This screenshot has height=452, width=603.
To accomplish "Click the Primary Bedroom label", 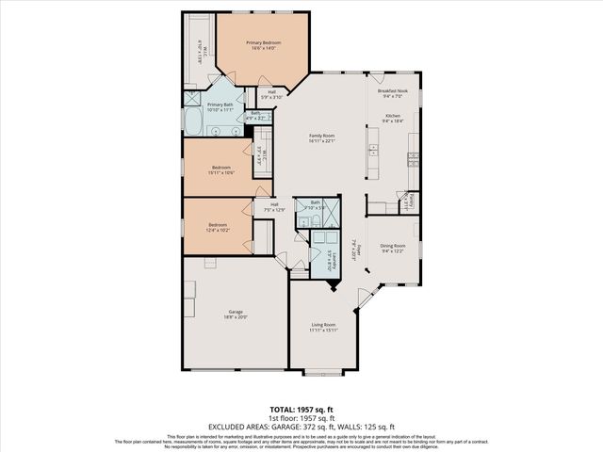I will pyautogui.click(x=263, y=46).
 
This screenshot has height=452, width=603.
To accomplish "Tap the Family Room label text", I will pyautogui.click(x=322, y=139).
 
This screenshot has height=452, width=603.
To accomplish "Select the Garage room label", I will pyautogui.click(x=236, y=315).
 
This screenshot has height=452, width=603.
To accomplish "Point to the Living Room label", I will pyautogui.click(x=323, y=327).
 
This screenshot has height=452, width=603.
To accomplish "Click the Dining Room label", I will pyautogui.click(x=393, y=248).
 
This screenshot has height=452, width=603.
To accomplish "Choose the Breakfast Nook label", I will pyautogui.click(x=390, y=93).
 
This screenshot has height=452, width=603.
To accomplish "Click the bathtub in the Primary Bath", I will pyautogui.click(x=192, y=121).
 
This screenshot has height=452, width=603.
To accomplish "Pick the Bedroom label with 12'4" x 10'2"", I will pyautogui.click(x=218, y=227).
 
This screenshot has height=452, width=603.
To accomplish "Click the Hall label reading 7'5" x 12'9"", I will pyautogui.click(x=275, y=207).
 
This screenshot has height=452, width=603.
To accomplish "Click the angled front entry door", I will pyautogui.click(x=367, y=299).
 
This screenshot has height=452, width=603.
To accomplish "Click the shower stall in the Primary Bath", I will pyautogui.click(x=191, y=99).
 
